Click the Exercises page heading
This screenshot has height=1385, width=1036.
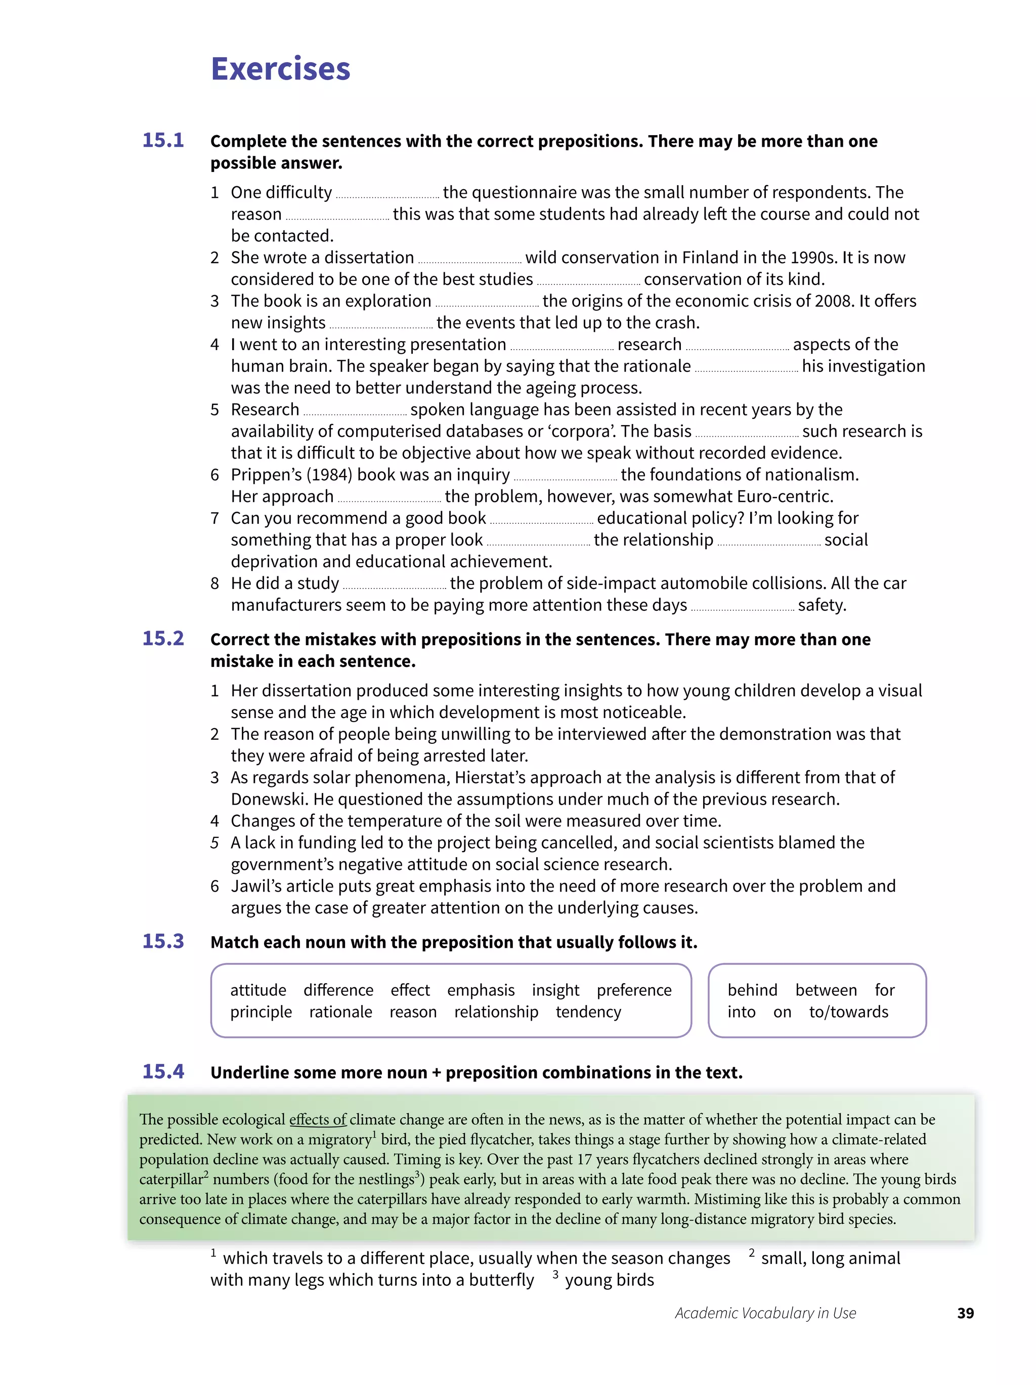[280, 69]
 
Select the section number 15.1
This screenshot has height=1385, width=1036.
[163, 140]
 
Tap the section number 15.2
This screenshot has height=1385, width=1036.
[163, 638]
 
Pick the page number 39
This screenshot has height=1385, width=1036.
[965, 1313]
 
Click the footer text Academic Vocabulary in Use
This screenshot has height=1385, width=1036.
[765, 1313]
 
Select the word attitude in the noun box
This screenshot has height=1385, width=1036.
[258, 990]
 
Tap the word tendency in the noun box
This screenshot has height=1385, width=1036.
[588, 1012]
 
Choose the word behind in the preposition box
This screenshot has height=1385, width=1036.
[752, 990]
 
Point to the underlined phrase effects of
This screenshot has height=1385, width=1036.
[317, 1119]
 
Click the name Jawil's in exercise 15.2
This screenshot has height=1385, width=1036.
[256, 886]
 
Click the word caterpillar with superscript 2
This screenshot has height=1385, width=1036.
[171, 1179]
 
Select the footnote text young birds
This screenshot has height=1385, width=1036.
[609, 1280]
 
